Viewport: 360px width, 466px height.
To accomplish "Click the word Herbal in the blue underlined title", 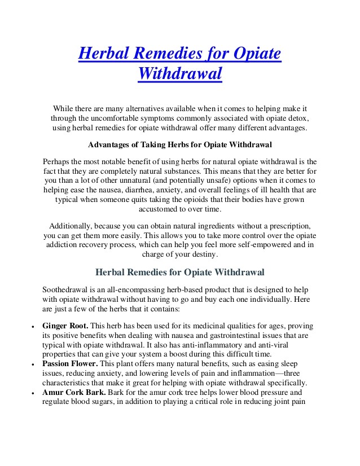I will point(103,55).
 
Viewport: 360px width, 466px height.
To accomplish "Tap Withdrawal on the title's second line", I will point(180,74).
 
